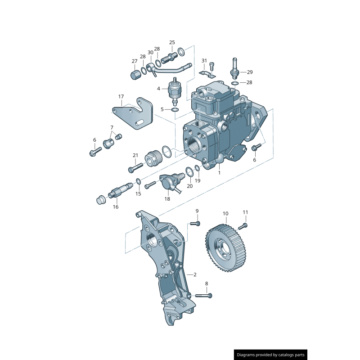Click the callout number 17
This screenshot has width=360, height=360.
click(121, 97)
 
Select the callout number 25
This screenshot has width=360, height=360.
click(172, 42)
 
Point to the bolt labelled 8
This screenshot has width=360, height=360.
click(203, 295)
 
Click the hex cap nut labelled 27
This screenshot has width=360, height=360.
click(135, 75)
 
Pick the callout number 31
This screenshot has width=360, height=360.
click(204, 61)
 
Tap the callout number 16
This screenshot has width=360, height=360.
click(116, 207)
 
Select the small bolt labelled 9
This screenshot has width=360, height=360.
click(195, 223)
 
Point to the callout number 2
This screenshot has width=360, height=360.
click(194, 274)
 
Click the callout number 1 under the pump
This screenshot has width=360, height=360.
click(220, 172)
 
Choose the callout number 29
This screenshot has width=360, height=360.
click(250, 72)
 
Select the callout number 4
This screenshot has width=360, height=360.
click(158, 89)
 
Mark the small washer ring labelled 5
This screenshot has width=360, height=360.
click(175, 109)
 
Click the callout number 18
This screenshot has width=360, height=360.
click(167, 198)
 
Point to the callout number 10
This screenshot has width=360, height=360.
click(225, 213)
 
